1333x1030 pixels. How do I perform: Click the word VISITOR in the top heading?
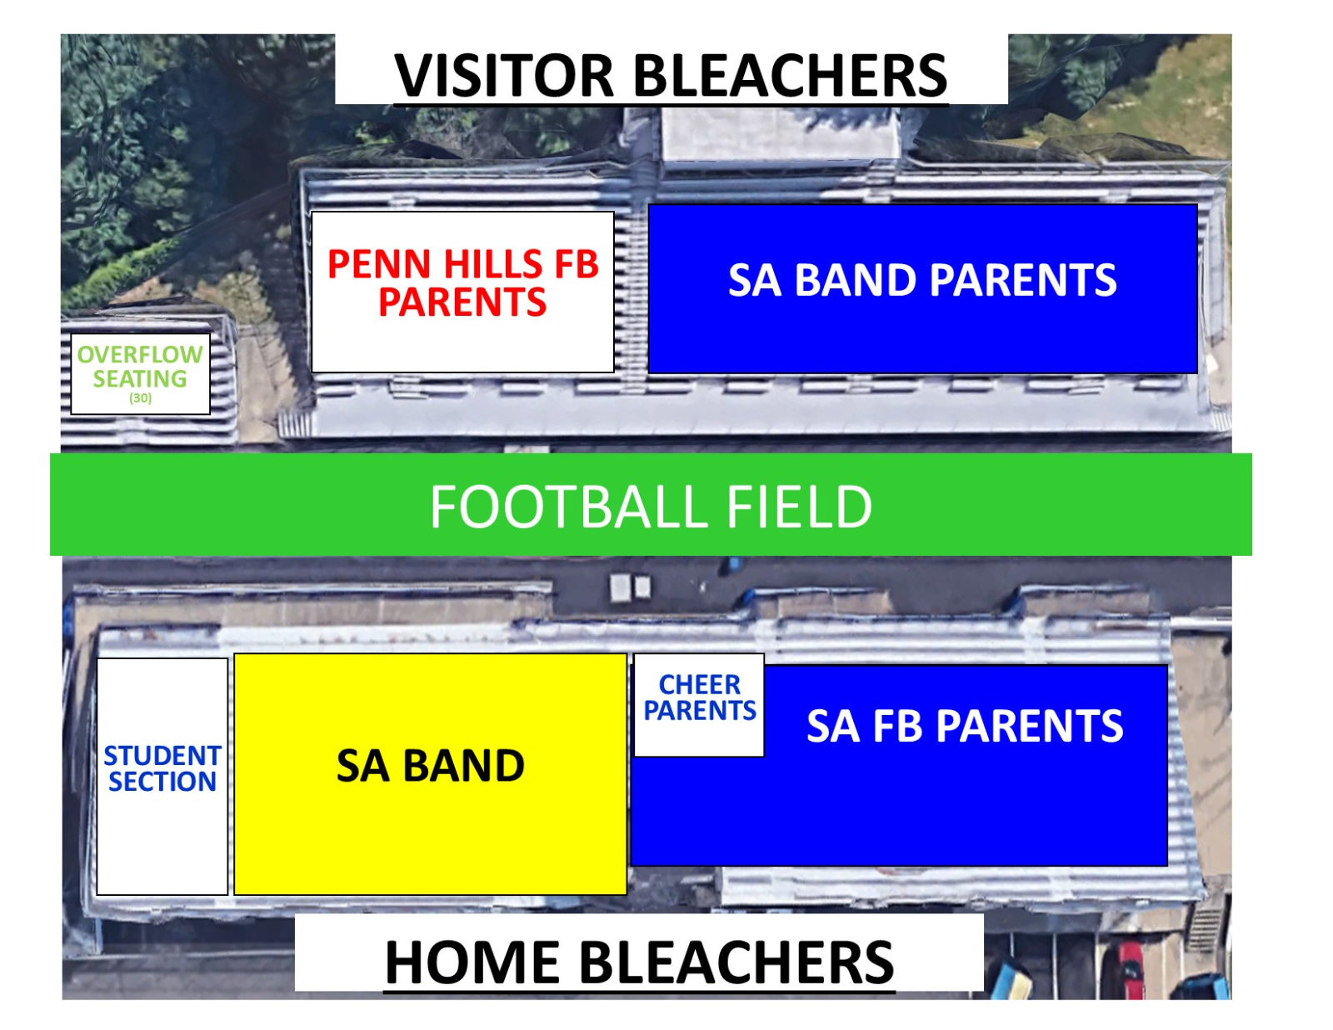click(x=505, y=76)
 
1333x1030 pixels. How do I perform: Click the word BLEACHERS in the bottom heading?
click(x=736, y=962)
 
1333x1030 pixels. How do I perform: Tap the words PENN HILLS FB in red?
click(x=462, y=264)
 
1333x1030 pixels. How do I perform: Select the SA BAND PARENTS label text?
click(x=922, y=280)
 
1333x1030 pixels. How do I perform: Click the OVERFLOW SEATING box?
click(x=140, y=373)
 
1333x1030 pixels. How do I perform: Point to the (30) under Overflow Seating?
click(x=140, y=398)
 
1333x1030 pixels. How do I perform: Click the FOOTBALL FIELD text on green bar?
click(x=651, y=507)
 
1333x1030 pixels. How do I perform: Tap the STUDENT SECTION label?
click(x=162, y=768)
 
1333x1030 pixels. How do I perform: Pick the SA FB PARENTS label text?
click(x=965, y=726)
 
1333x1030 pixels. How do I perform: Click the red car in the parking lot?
click(x=1130, y=969)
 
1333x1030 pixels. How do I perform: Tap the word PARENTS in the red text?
click(x=462, y=302)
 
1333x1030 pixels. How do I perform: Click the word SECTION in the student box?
click(x=162, y=782)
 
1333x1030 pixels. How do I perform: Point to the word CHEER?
click(x=699, y=685)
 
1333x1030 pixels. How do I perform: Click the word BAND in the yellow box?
click(x=463, y=766)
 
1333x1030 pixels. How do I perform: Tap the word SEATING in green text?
click(x=140, y=379)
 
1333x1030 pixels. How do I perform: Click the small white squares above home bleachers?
click(x=631, y=587)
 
